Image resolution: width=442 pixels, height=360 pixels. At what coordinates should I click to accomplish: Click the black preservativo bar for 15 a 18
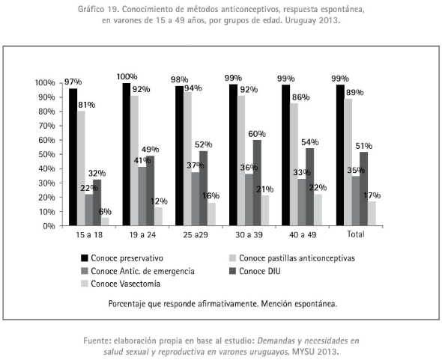click(73, 157)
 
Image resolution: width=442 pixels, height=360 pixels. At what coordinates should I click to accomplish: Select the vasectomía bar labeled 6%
click(105, 222)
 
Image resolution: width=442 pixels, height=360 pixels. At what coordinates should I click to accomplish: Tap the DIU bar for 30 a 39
click(257, 183)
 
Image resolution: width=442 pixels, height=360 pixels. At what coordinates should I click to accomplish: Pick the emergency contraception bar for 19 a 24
click(142, 196)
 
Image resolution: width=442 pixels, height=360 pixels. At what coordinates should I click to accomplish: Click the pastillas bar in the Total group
click(348, 162)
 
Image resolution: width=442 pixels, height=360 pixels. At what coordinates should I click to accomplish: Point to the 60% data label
click(257, 134)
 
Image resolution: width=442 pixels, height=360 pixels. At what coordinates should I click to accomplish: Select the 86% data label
click(300, 97)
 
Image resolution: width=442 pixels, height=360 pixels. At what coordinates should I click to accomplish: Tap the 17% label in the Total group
click(372, 195)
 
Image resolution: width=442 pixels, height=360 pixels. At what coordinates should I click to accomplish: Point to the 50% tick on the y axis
click(45, 154)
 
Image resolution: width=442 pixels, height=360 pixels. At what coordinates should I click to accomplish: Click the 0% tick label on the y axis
click(49, 226)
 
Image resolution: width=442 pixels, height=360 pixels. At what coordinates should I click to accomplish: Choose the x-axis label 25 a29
click(196, 235)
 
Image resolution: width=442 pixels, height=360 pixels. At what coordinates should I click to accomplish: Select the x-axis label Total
click(356, 234)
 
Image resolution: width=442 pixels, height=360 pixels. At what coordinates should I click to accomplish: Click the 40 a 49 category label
click(303, 235)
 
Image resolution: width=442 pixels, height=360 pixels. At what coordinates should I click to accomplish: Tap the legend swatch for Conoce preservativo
click(85, 258)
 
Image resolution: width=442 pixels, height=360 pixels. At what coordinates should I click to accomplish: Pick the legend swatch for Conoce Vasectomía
click(85, 284)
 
